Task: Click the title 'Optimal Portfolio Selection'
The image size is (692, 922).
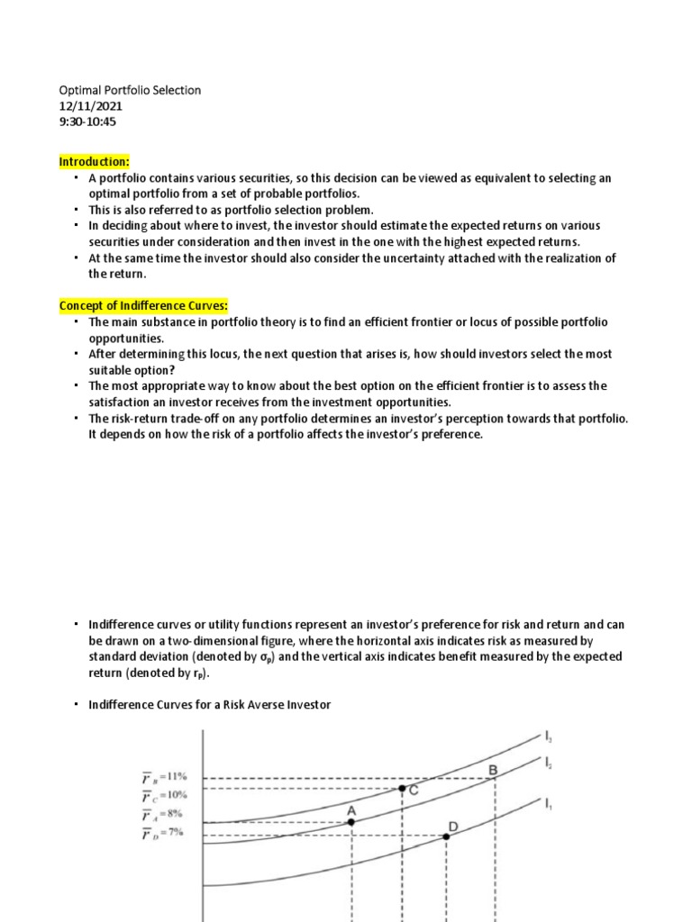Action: [130, 90]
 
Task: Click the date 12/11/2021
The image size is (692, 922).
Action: [92, 106]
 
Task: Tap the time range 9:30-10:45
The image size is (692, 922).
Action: [89, 122]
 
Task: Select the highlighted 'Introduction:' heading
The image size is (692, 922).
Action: [95, 162]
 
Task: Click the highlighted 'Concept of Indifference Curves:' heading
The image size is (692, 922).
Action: [143, 306]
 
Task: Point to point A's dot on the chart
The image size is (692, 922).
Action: [351, 822]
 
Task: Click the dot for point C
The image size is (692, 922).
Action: [402, 788]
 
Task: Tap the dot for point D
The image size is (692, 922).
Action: [446, 836]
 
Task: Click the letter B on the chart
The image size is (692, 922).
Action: [493, 770]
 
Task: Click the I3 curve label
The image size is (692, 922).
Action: [550, 737]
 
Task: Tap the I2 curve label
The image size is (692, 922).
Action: [549, 762]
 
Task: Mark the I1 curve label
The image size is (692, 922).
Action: [549, 802]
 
